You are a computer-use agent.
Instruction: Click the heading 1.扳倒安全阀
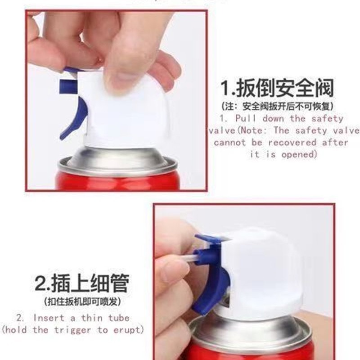coord(277,88)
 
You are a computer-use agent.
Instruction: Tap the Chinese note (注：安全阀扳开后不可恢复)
coord(277,106)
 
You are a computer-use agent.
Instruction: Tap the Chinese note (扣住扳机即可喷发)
coord(82,301)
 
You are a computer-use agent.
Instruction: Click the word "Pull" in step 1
coord(245,118)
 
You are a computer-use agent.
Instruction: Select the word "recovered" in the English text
coord(292,143)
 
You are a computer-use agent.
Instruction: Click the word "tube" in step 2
coord(119,318)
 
